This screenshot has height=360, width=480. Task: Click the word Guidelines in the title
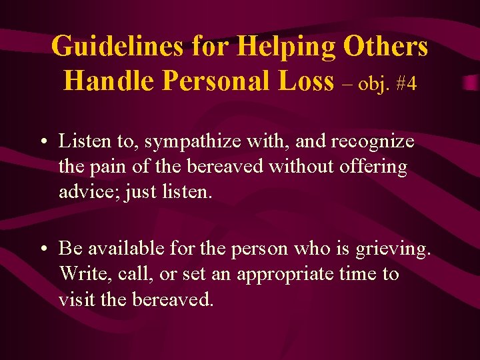pyautogui.click(x=116, y=47)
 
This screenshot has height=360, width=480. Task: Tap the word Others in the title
pyautogui.click(x=386, y=47)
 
